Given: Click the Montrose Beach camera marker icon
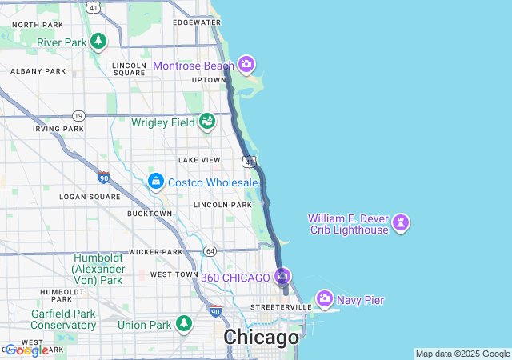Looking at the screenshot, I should click(x=246, y=64).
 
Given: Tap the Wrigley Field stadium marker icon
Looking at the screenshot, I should click(x=207, y=122).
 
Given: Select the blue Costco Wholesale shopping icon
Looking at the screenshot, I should click(x=155, y=182).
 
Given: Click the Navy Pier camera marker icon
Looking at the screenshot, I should click(x=325, y=299).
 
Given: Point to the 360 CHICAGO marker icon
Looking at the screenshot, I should click(x=282, y=278).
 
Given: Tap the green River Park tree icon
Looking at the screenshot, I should click(x=98, y=41).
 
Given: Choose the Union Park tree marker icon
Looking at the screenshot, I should click(x=185, y=324).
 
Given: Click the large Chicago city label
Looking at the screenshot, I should click(x=261, y=338).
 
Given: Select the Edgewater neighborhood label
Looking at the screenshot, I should click(x=196, y=22).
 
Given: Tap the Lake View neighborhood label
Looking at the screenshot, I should click(x=199, y=160).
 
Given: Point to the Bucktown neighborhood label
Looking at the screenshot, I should click(x=150, y=214).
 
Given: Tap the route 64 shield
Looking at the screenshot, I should click(x=210, y=250).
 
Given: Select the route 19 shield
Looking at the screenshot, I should click(x=78, y=115).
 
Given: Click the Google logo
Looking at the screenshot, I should click(x=26, y=350).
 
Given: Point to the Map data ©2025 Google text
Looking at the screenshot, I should click(x=462, y=354).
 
